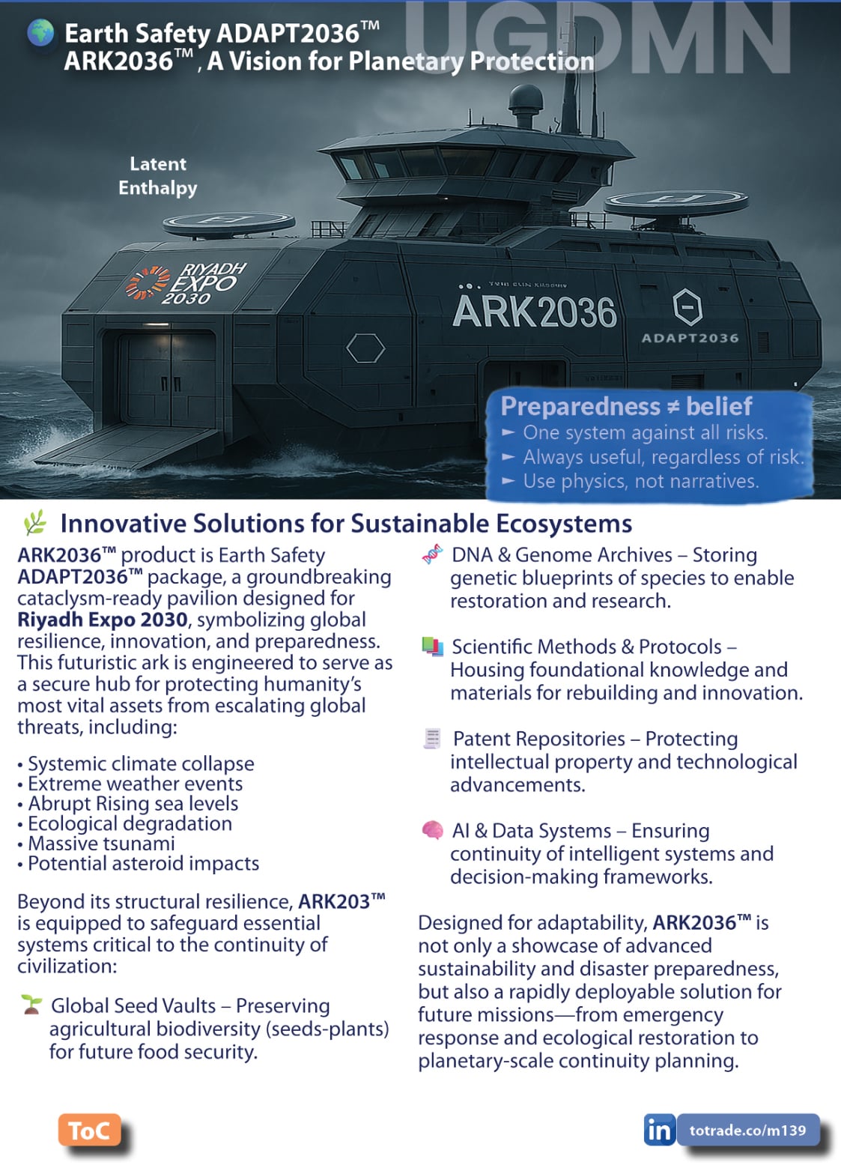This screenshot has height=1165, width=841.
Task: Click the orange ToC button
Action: tap(88, 1131)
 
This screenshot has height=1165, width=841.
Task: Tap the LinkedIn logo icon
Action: tap(658, 1130)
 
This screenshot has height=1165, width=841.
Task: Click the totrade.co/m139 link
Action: tap(747, 1130)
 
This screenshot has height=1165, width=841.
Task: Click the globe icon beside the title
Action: tap(40, 33)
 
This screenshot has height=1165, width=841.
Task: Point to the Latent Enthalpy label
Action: tap(157, 175)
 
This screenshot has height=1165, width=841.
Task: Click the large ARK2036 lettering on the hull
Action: tap(534, 312)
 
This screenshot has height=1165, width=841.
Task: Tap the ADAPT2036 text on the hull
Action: tap(690, 338)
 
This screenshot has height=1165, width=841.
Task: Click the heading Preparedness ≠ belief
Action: tap(626, 406)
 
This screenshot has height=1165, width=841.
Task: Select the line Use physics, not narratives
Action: tap(640, 481)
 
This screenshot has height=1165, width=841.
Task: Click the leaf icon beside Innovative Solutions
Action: tap(34, 522)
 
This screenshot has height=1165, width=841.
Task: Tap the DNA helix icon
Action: tap(432, 555)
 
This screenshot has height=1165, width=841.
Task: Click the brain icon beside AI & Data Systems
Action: tap(432, 830)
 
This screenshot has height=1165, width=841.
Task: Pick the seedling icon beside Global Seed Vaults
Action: tap(31, 1005)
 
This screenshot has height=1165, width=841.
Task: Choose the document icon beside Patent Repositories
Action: tap(432, 739)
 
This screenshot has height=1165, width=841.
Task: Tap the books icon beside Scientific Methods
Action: tap(432, 647)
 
